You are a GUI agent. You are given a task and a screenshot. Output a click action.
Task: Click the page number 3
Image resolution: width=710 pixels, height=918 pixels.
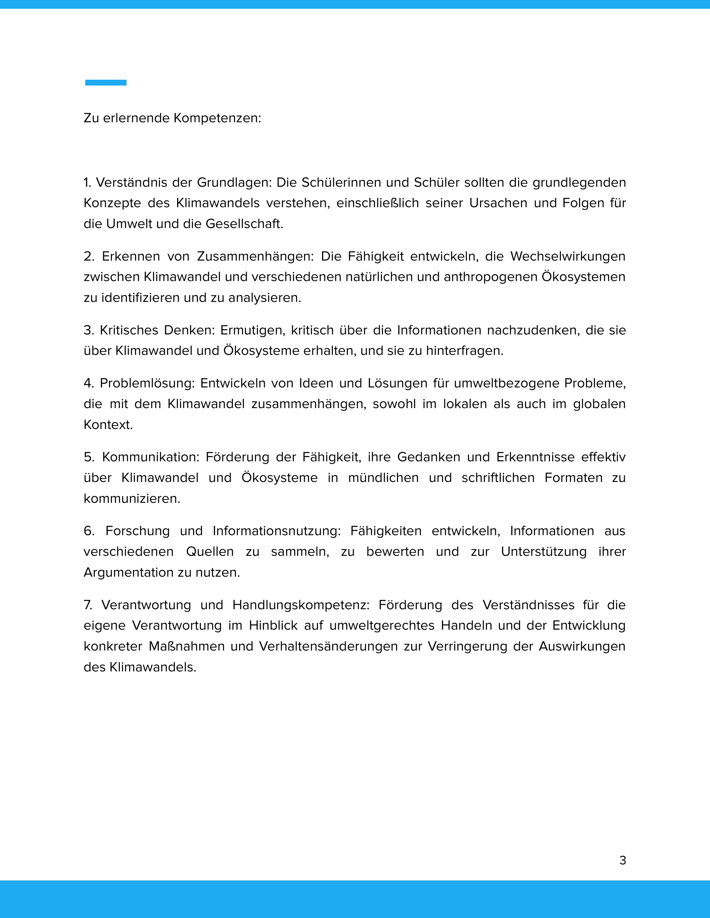click(623, 860)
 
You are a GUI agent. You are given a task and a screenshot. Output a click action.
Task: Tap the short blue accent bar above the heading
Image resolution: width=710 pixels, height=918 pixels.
click(106, 83)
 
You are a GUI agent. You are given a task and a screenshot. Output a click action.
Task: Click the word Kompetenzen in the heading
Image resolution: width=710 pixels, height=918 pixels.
click(217, 118)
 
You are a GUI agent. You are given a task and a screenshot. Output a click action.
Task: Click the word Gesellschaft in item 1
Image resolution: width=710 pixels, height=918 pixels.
click(244, 224)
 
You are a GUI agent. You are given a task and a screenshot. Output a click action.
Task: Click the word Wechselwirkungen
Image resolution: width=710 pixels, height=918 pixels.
click(568, 256)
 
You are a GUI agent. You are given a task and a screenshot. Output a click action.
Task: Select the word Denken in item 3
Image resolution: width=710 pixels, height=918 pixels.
click(189, 330)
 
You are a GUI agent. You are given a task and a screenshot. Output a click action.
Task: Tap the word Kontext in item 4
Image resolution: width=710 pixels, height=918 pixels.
click(108, 424)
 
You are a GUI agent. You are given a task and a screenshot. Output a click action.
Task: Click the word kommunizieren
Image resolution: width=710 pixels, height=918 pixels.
click(132, 499)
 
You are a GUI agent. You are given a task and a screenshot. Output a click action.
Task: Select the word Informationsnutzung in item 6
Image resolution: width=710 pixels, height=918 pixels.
click(276, 531)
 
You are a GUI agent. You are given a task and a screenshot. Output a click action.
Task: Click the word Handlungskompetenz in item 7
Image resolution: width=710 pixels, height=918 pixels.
click(301, 605)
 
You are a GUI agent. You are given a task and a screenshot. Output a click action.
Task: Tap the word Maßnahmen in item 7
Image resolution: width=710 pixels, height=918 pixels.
click(186, 646)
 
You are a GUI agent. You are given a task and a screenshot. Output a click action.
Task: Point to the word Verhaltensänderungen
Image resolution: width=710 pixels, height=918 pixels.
click(328, 646)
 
